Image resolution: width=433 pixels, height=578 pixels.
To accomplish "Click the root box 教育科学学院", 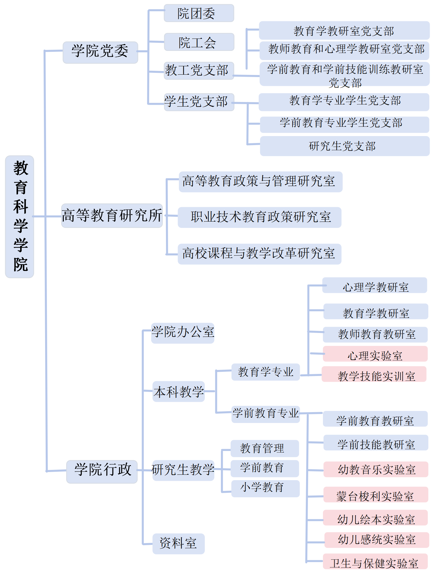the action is [20, 216].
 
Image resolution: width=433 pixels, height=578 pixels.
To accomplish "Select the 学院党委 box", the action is [100, 52].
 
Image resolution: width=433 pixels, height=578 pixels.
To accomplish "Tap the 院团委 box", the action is [199, 13].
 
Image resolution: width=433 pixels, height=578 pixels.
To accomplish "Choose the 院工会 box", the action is [199, 42].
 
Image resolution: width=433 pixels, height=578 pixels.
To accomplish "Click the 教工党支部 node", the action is [199, 71].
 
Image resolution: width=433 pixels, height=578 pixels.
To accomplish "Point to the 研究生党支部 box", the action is [345, 146].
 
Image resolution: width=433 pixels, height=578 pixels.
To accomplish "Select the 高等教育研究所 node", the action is [112, 216].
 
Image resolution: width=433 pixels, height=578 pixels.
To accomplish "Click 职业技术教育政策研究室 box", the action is [259, 217].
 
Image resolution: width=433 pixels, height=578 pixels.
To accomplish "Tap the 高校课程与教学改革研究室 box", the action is [259, 254].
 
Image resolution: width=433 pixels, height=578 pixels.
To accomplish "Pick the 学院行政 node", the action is [102, 472].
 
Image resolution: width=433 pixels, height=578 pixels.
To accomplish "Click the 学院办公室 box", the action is [183, 333].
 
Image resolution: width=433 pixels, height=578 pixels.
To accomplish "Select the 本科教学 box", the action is [179, 392].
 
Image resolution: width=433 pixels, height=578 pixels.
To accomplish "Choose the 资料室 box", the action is [179, 544].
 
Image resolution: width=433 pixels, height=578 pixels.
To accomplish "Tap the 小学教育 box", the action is [265, 489].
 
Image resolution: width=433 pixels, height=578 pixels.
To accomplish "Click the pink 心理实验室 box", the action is [375, 354].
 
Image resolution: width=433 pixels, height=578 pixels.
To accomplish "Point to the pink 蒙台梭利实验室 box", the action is [376, 495].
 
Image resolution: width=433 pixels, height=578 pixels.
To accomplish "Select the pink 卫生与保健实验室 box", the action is [375, 561].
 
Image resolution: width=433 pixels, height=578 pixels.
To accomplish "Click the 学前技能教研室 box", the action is [376, 443].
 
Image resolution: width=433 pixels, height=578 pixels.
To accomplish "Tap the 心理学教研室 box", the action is [375, 285].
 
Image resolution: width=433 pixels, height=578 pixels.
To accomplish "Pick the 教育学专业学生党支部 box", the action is [344, 102].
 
